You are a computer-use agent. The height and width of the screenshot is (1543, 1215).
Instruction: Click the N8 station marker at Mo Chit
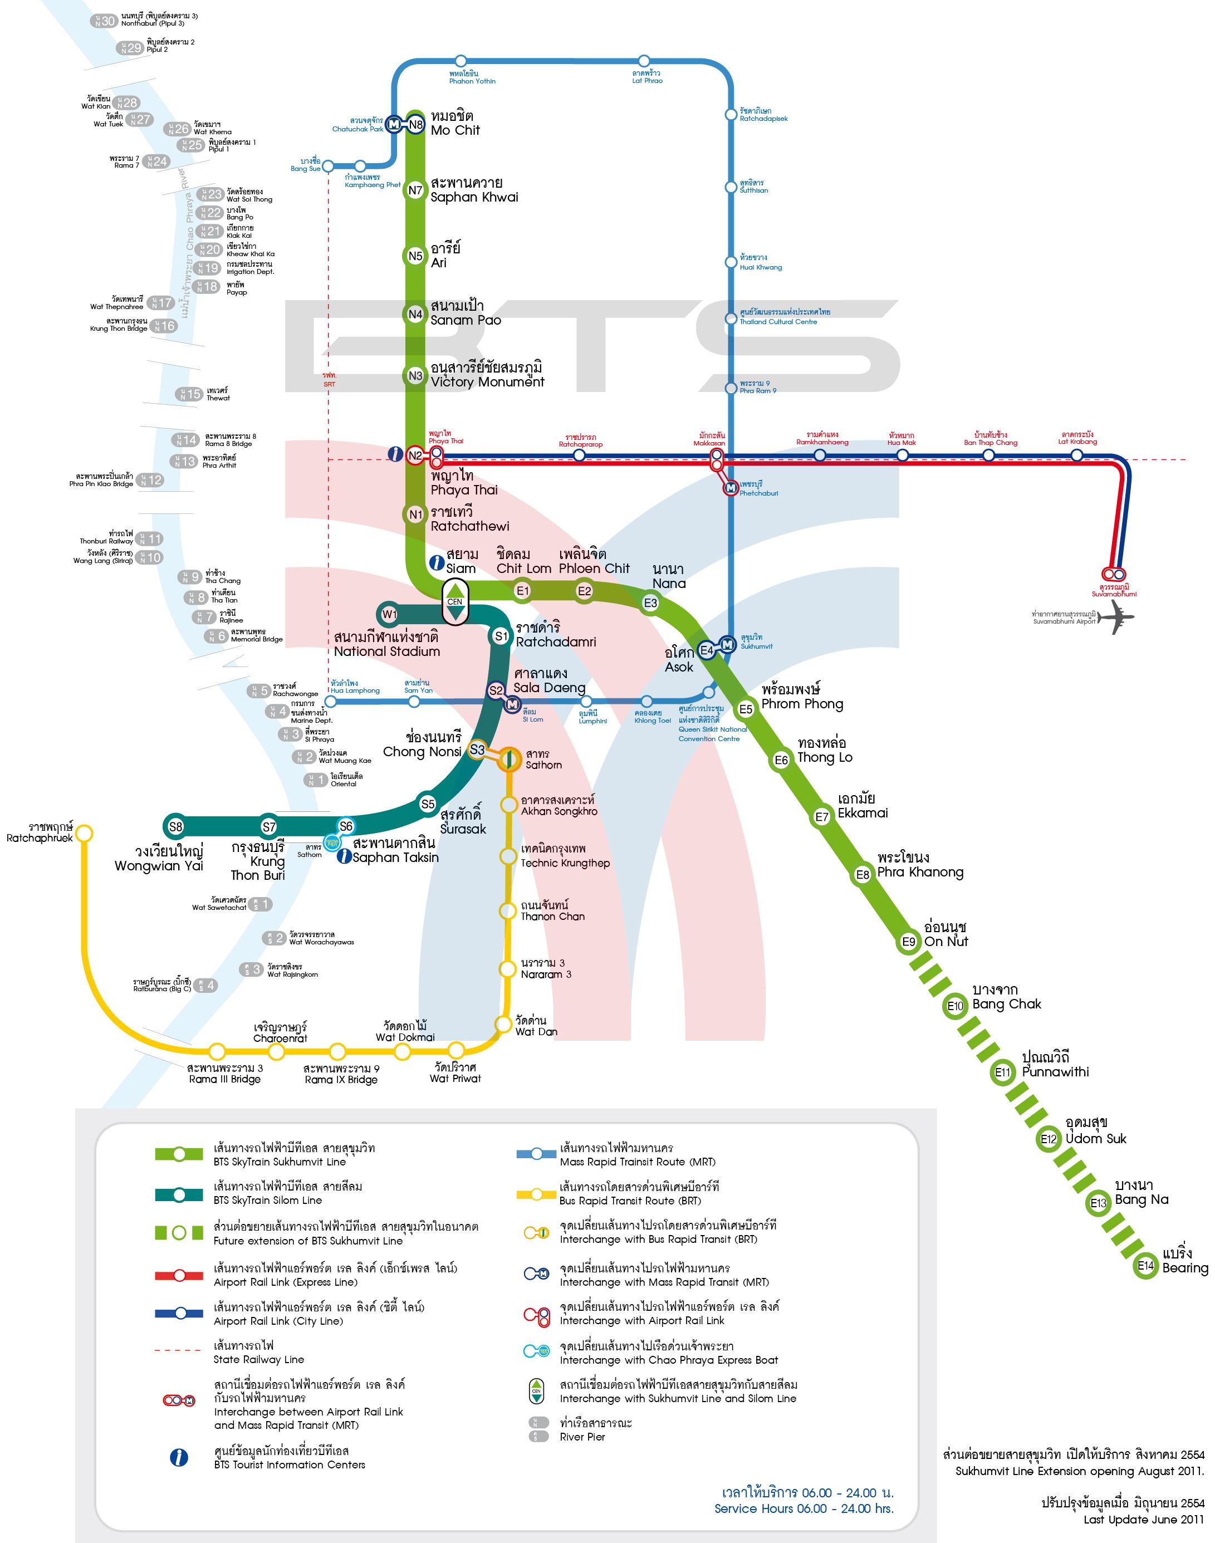(416, 125)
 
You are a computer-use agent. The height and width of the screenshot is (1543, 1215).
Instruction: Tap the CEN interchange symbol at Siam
(455, 602)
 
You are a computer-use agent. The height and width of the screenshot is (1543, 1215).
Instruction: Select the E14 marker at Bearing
(1145, 1266)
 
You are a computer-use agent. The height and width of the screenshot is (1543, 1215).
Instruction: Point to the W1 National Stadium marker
(389, 614)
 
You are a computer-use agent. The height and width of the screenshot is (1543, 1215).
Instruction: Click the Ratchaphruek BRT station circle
(84, 832)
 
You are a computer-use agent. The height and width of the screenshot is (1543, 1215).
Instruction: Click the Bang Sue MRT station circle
(328, 166)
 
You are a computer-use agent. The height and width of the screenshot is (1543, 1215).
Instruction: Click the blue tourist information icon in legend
(179, 1458)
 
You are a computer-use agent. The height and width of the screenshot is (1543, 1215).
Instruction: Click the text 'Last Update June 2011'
(1143, 1520)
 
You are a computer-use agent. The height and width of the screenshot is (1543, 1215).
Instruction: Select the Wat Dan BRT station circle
(503, 1023)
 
